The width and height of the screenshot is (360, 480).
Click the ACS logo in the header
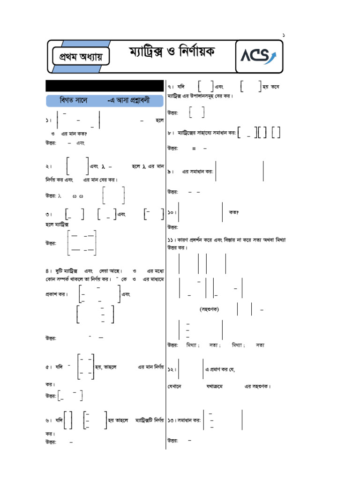[258, 57]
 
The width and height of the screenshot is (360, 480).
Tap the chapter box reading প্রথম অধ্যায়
[81, 57]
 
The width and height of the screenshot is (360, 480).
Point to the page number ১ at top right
[283, 36]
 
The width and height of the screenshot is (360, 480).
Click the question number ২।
[48, 166]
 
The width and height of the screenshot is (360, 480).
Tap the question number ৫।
[49, 367]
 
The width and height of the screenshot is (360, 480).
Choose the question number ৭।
[172, 87]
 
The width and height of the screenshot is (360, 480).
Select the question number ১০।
[172, 212]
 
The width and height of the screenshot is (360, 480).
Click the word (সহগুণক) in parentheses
[209, 309]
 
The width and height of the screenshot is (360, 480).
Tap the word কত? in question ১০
[233, 212]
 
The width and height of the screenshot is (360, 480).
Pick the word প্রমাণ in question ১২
[214, 370]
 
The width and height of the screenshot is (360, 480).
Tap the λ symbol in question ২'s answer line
[60, 196]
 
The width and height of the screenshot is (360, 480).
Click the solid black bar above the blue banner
[105, 86]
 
